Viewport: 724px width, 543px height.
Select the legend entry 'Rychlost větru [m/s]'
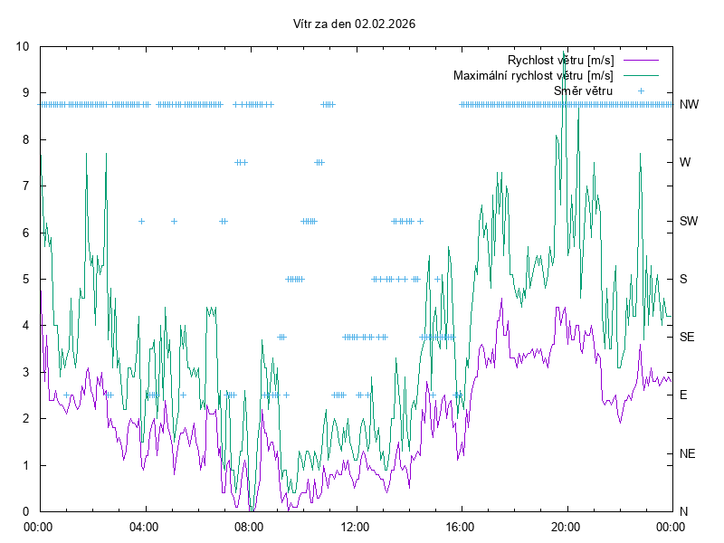560,60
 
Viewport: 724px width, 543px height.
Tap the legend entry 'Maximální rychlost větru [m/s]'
533,75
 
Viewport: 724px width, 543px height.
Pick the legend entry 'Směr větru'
583,90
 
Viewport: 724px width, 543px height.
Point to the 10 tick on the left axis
23,46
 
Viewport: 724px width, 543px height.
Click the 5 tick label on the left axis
25,279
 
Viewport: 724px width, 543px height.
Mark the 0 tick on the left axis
25,511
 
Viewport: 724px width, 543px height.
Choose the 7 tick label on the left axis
25,186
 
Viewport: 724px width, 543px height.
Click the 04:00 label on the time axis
143,526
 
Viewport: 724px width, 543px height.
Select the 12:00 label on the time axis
355,526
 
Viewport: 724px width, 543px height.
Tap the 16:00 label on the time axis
461,526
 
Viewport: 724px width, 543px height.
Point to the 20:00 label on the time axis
567,526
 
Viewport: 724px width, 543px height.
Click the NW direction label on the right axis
689,104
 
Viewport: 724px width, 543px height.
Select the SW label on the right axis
689,221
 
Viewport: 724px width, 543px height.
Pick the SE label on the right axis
688,337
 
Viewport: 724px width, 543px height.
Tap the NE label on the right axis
688,453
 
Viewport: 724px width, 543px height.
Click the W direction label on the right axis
685,163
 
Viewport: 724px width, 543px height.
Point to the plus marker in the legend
641,90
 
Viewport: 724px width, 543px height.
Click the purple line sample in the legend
641,60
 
